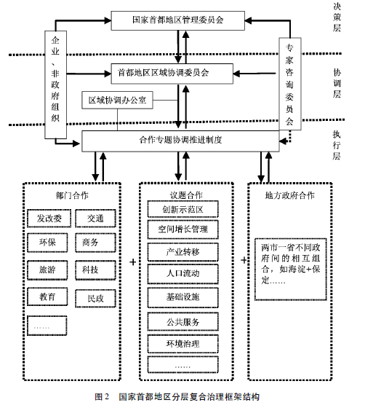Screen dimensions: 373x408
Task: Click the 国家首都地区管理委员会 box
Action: tap(178, 20)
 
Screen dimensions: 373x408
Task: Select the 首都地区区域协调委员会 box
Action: tap(172, 74)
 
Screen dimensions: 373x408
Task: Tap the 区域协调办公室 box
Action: tap(117, 101)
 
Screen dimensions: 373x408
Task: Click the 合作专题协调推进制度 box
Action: tap(180, 141)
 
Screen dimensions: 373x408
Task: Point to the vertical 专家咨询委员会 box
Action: tap(290, 84)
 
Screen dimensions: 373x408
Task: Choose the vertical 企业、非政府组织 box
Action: tap(55, 85)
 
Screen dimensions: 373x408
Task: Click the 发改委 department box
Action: tap(49, 219)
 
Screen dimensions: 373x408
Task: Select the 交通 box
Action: tap(95, 219)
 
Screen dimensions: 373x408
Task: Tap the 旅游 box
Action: tap(47, 270)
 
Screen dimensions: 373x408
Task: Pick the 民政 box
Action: tap(95, 299)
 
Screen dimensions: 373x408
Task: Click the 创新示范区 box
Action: tap(183, 209)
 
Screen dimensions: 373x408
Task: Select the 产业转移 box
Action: tap(183, 252)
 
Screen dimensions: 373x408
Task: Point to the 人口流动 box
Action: tap(183, 274)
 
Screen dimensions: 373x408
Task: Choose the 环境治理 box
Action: tap(183, 344)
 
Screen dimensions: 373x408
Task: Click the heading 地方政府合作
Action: tap(290, 195)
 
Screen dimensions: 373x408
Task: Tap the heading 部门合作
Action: tap(72, 195)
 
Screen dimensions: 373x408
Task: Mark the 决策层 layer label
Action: tap(337, 17)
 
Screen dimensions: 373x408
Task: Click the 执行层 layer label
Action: tap(337, 145)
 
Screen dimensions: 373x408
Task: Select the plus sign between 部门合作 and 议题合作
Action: tap(133, 262)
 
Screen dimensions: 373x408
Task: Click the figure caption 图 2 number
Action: tap(102, 397)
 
